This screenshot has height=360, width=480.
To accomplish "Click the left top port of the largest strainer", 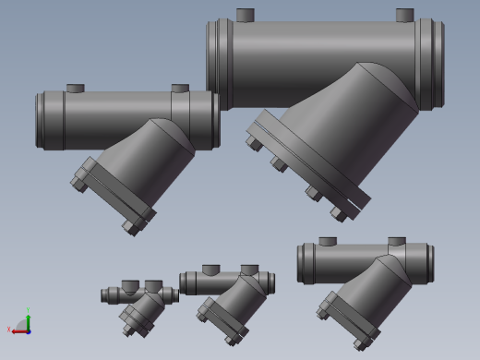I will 245,15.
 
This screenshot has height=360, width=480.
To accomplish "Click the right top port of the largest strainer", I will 404,15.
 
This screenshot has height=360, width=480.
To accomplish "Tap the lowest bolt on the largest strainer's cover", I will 339,214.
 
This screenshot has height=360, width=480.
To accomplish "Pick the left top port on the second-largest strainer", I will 75,89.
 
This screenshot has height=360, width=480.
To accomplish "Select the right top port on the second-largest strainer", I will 180,89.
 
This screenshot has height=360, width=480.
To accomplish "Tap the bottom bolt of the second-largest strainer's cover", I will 130,227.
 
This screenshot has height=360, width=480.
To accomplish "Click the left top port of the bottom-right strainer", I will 328,242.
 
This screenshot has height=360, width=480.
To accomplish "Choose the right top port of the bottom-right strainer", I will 397,242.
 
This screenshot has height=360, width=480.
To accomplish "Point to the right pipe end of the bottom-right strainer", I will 426,262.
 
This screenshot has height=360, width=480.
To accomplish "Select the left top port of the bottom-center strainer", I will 210,270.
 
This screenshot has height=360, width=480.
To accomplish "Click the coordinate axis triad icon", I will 22,323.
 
